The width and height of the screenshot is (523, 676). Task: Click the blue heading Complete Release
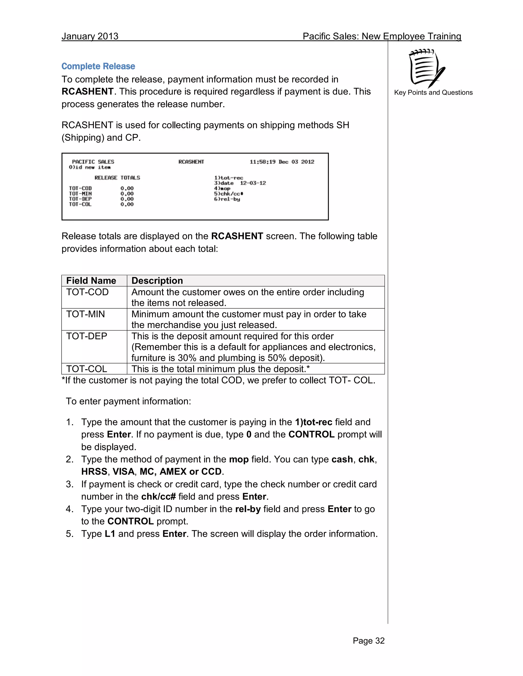pos(98,66)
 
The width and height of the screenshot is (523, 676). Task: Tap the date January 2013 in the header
pos(90,36)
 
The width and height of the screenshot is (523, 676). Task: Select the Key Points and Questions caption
pos(433,93)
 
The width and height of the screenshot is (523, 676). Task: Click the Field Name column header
pos(91,281)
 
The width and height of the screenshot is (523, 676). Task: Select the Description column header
pos(157,281)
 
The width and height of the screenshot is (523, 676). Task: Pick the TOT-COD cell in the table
pos(87,292)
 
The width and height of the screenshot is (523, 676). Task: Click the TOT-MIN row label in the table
pos(86,314)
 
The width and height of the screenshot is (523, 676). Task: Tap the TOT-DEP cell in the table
pos(87,336)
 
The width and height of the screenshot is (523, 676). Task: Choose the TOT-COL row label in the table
pos(87,369)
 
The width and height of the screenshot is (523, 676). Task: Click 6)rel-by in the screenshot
pos(227,199)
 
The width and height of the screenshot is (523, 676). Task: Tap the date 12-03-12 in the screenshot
pos(253,183)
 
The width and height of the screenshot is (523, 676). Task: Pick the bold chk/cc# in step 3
pos(158,497)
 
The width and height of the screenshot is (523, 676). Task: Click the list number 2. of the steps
pos(70,459)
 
